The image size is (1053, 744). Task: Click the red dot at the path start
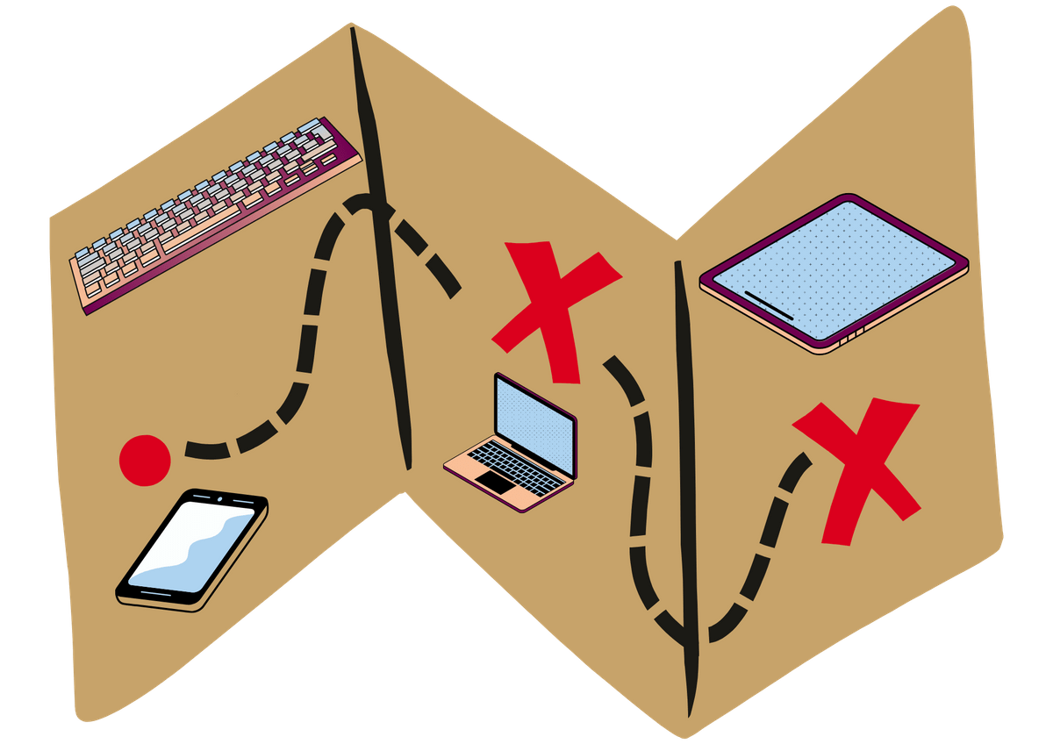pos(145,459)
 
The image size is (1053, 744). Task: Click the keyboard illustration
pos(215,215)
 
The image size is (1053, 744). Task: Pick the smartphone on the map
pos(192,549)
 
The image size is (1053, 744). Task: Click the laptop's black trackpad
pos(496,482)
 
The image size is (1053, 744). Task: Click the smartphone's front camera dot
pos(217,498)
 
